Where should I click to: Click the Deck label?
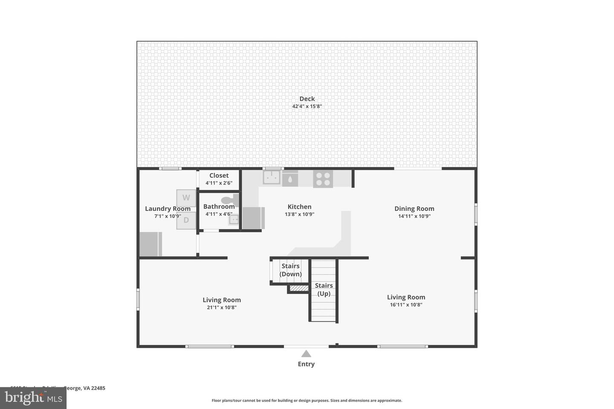click(x=307, y=99)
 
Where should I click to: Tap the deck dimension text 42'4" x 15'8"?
click(x=307, y=107)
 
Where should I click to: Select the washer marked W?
click(x=186, y=198)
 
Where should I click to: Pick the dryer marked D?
click(x=186, y=220)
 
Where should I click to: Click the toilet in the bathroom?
click(x=229, y=200)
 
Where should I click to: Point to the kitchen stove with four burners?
click(x=323, y=179)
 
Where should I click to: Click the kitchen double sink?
click(x=271, y=177)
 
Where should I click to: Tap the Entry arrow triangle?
click(x=306, y=354)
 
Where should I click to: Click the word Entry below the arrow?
click(x=306, y=364)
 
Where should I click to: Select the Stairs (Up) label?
click(x=324, y=289)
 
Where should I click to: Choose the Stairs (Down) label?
click(x=290, y=270)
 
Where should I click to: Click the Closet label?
click(x=219, y=176)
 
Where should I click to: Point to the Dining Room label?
click(x=414, y=209)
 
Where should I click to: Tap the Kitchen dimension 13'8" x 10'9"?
click(x=299, y=215)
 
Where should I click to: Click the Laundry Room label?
click(x=168, y=209)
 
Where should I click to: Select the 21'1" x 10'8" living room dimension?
click(x=221, y=307)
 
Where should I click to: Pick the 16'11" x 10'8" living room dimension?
click(x=406, y=305)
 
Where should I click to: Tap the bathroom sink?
click(x=234, y=220)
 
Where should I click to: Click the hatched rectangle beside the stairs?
click(x=299, y=288)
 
